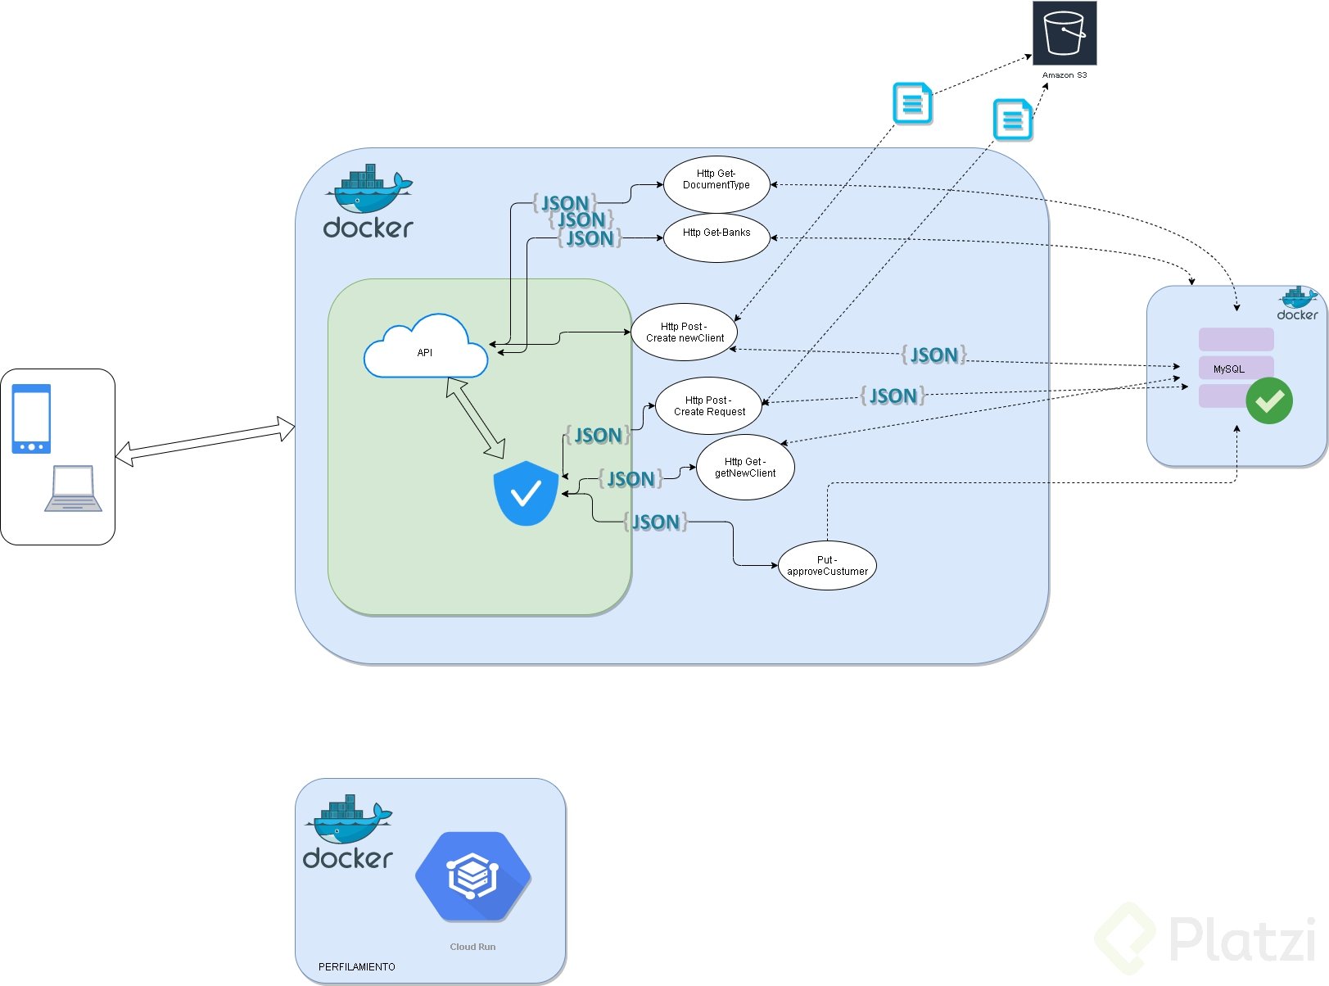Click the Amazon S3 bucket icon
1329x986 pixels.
pyautogui.click(x=1064, y=33)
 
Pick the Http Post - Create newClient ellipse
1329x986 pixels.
pyautogui.click(x=685, y=332)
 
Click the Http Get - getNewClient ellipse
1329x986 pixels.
pyautogui.click(x=745, y=468)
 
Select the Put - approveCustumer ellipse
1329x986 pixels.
pyautogui.click(x=827, y=566)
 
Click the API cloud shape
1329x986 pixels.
pyautogui.click(x=425, y=348)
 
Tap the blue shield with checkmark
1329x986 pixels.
pyautogui.click(x=526, y=493)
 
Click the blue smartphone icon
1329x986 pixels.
pyautogui.click(x=31, y=418)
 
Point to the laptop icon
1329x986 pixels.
pyautogui.click(x=73, y=489)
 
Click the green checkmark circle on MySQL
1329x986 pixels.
pyautogui.click(x=1269, y=401)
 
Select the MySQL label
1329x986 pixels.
pyautogui.click(x=1228, y=369)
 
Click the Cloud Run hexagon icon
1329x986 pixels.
pyautogui.click(x=473, y=877)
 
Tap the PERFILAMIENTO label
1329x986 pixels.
pyautogui.click(x=356, y=967)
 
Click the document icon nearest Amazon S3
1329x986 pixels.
pyautogui.click(x=1013, y=120)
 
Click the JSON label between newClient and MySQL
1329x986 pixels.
pyautogui.click(x=933, y=355)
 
